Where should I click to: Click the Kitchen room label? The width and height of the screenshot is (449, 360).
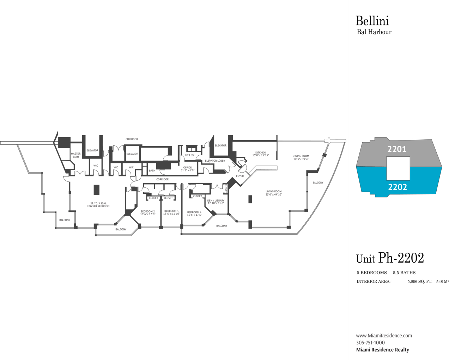[260, 153]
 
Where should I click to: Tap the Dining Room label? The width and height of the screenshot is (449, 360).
[301, 156]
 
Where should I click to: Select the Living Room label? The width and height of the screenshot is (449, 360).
[274, 192]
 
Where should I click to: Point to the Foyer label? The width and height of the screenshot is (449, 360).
[240, 176]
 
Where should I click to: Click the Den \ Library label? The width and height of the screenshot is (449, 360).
[216, 200]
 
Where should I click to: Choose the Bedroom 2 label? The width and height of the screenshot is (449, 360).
[148, 211]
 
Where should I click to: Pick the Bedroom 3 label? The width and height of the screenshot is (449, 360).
[171, 211]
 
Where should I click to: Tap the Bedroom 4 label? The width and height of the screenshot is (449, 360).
[194, 212]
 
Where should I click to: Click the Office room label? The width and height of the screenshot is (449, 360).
[188, 168]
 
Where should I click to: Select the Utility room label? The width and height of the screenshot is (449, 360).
[190, 155]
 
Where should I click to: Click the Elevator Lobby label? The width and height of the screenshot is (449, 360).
[215, 161]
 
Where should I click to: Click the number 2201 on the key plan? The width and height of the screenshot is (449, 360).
[397, 149]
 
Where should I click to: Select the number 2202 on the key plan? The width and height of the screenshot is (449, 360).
[398, 187]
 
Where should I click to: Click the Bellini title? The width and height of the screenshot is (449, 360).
[372, 21]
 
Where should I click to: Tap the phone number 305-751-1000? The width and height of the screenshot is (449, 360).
[370, 343]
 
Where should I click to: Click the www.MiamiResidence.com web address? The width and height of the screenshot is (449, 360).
[384, 336]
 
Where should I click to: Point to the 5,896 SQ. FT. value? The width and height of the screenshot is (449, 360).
[420, 282]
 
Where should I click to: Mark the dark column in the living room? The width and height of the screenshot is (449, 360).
[250, 199]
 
